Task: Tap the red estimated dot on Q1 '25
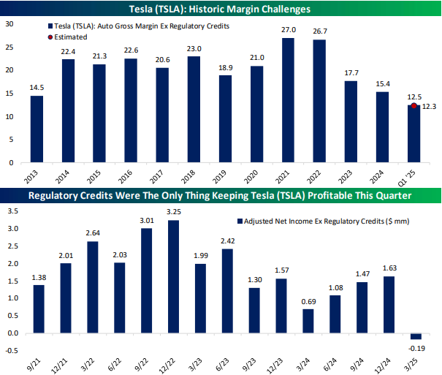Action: [414, 106]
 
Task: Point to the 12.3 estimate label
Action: [430, 107]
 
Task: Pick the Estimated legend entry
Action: [71, 37]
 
